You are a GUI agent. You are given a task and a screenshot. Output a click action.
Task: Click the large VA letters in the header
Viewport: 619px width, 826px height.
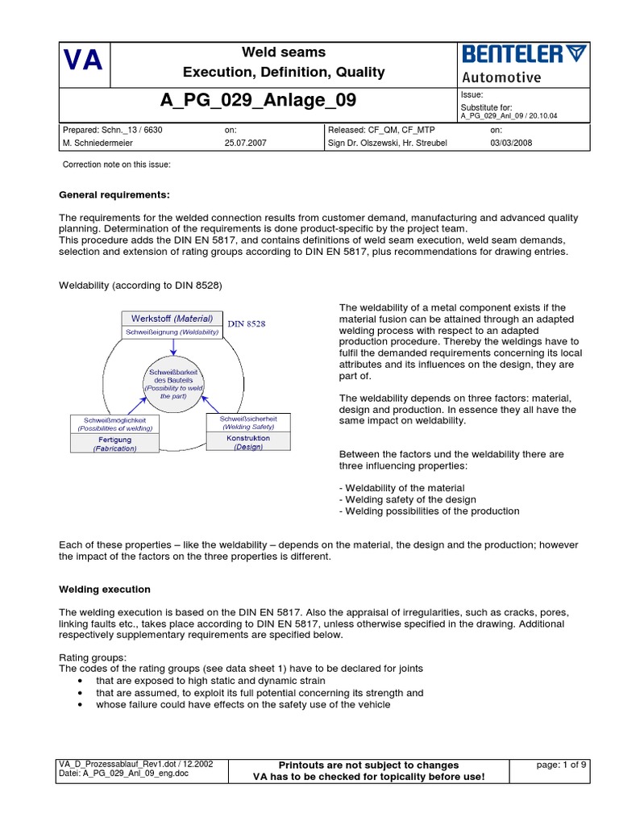tap(83, 62)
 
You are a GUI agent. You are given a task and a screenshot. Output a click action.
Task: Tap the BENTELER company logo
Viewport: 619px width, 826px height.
tap(524, 55)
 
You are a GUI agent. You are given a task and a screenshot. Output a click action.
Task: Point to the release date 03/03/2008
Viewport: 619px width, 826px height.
tap(511, 143)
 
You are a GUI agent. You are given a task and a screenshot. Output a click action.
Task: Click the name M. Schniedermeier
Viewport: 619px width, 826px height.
tap(99, 143)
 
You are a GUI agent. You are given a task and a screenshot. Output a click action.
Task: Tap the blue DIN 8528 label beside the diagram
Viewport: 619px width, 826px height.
tap(247, 323)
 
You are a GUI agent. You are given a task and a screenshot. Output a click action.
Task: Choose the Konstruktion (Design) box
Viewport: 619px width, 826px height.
tap(248, 441)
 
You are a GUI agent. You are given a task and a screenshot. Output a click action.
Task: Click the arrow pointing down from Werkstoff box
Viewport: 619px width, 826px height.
tap(173, 346)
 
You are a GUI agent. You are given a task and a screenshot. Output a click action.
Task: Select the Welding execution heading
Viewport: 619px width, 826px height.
tap(105, 590)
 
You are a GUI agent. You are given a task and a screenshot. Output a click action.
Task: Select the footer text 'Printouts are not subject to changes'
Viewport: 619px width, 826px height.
tap(368, 765)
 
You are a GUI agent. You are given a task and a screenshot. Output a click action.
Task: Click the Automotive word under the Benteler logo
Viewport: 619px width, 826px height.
tap(501, 77)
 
